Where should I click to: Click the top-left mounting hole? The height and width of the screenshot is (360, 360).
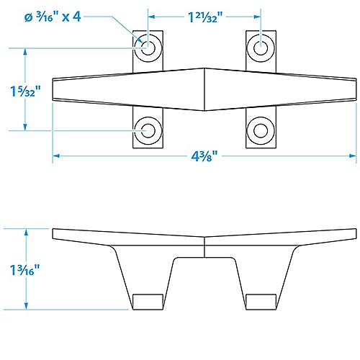pos(149,49)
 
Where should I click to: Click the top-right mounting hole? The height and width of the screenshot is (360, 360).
pos(261,49)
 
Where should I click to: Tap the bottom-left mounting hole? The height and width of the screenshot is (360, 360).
pos(149,131)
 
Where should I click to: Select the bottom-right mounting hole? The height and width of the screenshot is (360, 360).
pos(261,131)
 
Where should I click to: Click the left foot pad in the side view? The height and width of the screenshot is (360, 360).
pos(149,302)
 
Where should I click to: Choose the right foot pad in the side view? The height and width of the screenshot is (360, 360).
pos(261,302)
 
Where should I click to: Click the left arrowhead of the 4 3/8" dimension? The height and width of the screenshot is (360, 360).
pos(56,157)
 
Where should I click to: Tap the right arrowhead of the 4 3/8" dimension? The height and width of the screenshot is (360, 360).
pos(354,157)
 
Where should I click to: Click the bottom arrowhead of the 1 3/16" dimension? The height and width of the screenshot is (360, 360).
pos(27,307)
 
